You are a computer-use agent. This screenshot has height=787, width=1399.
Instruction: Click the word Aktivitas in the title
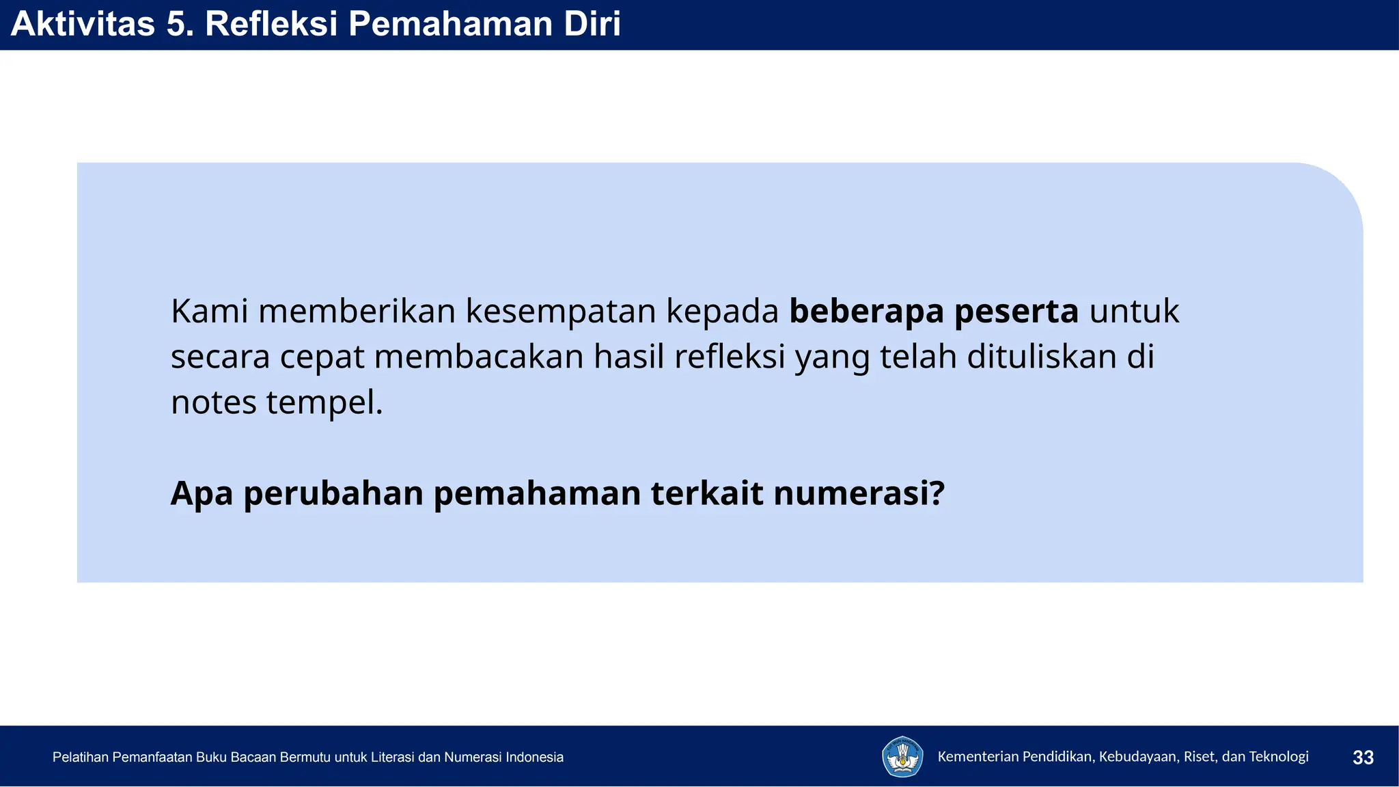[x=83, y=24]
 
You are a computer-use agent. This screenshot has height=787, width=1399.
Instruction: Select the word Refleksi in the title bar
[x=271, y=24]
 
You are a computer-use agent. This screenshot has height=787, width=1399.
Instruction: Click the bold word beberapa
[x=866, y=311]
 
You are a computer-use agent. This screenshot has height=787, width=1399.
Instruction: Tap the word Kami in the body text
[x=209, y=311]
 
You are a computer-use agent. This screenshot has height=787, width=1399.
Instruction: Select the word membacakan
[x=479, y=357]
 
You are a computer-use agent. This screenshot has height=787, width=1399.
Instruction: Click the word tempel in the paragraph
[x=323, y=402]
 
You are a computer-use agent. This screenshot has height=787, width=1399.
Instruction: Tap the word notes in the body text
[x=213, y=402]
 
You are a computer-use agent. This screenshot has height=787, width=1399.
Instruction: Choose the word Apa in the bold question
[x=202, y=494]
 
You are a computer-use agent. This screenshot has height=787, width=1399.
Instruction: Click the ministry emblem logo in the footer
[x=902, y=757]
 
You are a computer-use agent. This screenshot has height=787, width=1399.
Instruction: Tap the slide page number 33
[x=1363, y=758]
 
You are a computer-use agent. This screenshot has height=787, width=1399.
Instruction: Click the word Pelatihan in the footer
[x=80, y=758]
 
